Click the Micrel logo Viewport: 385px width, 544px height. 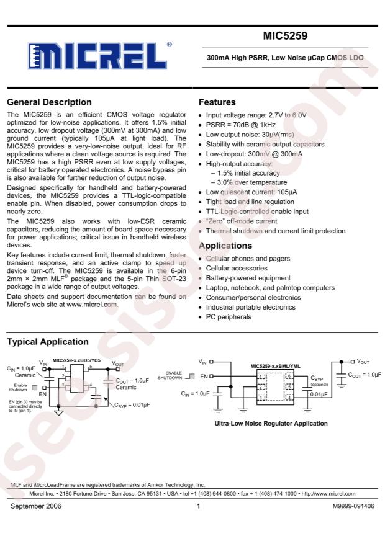coord(98,57)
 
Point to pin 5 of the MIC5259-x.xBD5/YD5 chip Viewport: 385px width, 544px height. coord(91,367)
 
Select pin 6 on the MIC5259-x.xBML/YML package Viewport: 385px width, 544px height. coord(288,377)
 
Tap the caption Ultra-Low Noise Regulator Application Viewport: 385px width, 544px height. coord(274,424)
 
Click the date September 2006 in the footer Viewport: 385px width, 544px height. coord(36,506)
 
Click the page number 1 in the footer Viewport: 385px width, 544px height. coord(197,506)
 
